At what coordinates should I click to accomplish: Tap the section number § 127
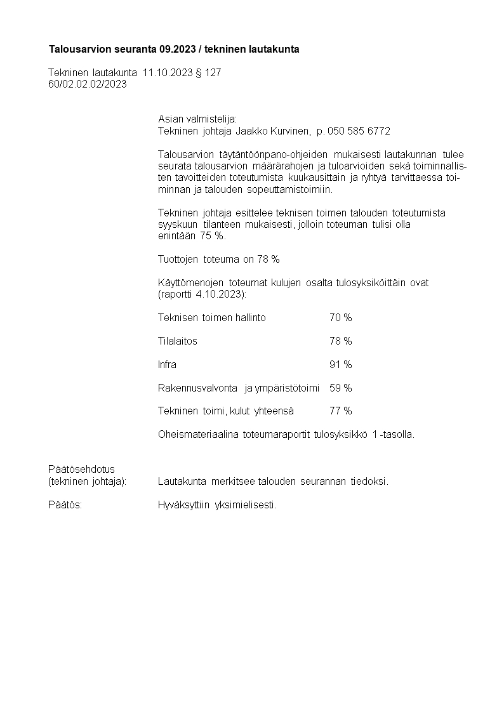pyautogui.click(x=209, y=73)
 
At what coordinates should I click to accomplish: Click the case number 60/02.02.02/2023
pyautogui.click(x=88, y=84)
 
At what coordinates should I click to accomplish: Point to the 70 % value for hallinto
pyautogui.click(x=340, y=317)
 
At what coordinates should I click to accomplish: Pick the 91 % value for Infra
pyautogui.click(x=340, y=364)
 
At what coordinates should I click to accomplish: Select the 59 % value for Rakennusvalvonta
pyautogui.click(x=340, y=388)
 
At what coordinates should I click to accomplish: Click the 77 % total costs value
pyautogui.click(x=340, y=411)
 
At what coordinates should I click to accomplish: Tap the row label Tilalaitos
pyautogui.click(x=177, y=341)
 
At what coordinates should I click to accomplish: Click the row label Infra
pyautogui.click(x=167, y=364)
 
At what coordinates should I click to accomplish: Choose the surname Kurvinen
pyautogui.click(x=291, y=131)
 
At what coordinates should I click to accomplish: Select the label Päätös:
pyautogui.click(x=65, y=505)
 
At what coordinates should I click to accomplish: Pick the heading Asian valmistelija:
pyautogui.click(x=197, y=119)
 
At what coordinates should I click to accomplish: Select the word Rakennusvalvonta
pyautogui.click(x=197, y=388)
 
